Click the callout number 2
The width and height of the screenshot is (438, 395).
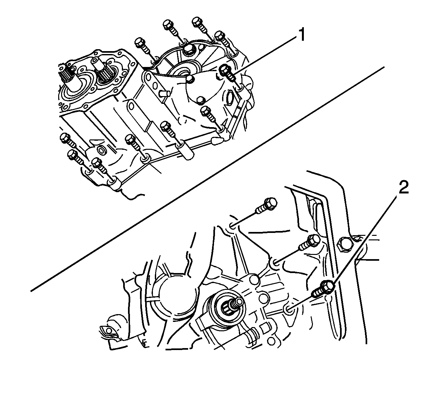pos(403,187)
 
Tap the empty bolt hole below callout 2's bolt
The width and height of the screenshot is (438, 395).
pos(289,309)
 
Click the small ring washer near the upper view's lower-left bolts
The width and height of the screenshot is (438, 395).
pos(101,150)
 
